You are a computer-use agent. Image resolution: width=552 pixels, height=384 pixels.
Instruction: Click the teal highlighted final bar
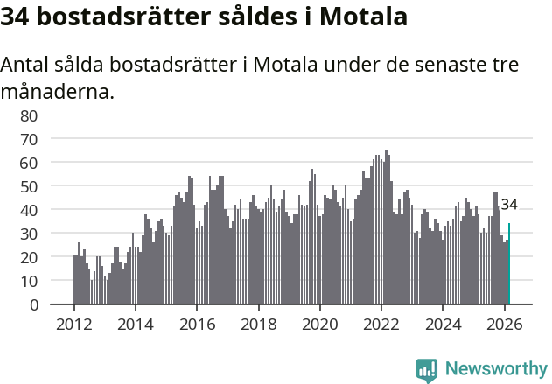(509, 264)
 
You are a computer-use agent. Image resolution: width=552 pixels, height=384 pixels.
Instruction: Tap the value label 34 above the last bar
(509, 205)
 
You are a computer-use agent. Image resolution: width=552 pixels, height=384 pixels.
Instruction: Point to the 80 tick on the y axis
(29, 115)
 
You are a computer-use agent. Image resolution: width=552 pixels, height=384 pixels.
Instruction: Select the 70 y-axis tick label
(29, 139)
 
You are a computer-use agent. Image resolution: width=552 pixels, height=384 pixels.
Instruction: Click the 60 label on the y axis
(29, 163)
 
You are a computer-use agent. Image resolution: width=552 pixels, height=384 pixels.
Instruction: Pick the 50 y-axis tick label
(29, 186)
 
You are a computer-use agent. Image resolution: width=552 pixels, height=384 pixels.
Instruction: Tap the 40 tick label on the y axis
(29, 210)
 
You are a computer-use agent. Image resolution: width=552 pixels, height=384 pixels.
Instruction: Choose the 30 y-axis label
(29, 234)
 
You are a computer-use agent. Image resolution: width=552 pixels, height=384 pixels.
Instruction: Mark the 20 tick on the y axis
(29, 257)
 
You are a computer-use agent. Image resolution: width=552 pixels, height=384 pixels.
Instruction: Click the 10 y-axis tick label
(29, 281)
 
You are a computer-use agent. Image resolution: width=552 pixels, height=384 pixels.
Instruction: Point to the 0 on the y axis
(33, 304)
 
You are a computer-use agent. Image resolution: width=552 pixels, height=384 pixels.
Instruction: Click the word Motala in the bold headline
(358, 17)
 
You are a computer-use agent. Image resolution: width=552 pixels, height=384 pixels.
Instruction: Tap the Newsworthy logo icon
(427, 370)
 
